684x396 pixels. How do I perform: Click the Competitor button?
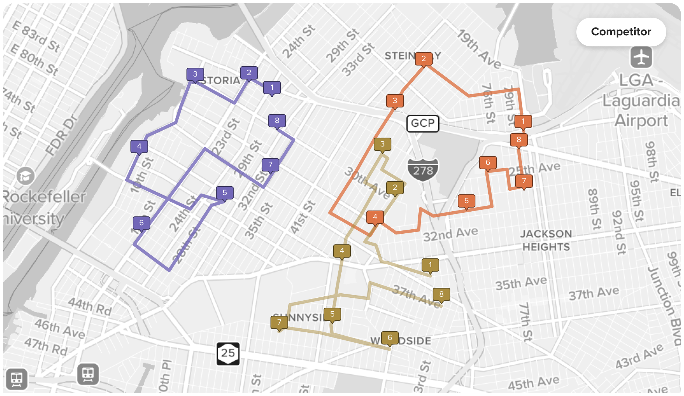[x=621, y=32]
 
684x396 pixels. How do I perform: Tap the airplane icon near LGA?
[x=641, y=57]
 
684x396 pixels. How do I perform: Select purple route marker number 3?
[x=195, y=74]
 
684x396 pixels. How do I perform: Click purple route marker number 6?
[x=141, y=223]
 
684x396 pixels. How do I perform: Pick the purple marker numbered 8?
[x=277, y=121]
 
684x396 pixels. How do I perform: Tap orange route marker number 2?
[x=423, y=59]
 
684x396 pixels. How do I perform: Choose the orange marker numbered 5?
[x=466, y=201]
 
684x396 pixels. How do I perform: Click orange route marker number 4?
[x=375, y=217]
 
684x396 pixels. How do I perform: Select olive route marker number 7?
[x=279, y=322]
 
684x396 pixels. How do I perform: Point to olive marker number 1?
[x=430, y=265]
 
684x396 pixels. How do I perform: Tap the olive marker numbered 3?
[x=382, y=144]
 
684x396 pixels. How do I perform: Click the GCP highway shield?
[x=423, y=123]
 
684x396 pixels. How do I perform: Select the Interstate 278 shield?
[x=423, y=170]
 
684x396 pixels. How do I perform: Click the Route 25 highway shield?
[x=228, y=353]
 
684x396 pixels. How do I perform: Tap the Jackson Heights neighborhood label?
[x=546, y=240]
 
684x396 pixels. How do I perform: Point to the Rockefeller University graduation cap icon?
[x=25, y=176]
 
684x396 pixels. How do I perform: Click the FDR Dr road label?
[x=62, y=135]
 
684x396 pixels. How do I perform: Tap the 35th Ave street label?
[x=521, y=283]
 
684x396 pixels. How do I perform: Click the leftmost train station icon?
[x=17, y=379]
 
